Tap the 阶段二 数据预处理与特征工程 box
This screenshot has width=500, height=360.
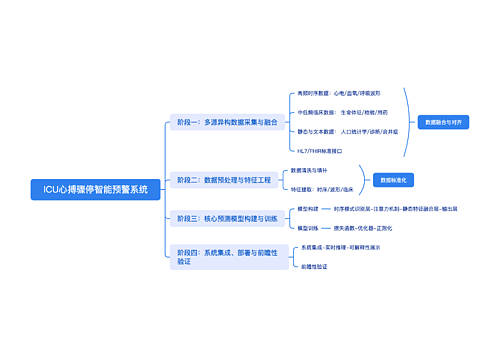(223, 180)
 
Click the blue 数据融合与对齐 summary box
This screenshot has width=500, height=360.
(443, 122)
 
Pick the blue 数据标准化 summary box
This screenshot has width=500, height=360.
(394, 180)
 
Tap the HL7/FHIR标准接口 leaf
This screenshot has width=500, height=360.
(320, 150)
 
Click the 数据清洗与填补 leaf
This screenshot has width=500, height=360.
(309, 170)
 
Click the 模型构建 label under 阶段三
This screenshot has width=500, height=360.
(308, 208)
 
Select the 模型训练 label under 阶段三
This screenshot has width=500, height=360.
(308, 227)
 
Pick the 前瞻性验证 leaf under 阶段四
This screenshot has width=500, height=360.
(314, 266)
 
